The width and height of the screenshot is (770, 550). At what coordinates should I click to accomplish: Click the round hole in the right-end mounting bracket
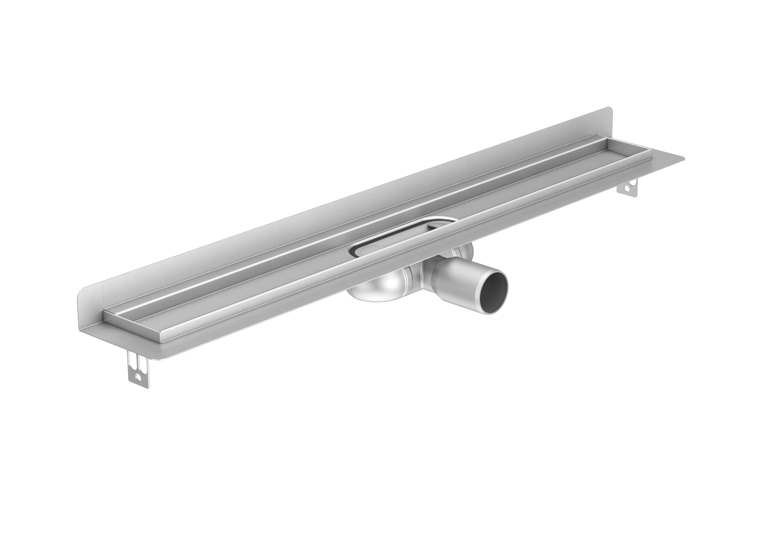[633, 191]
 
